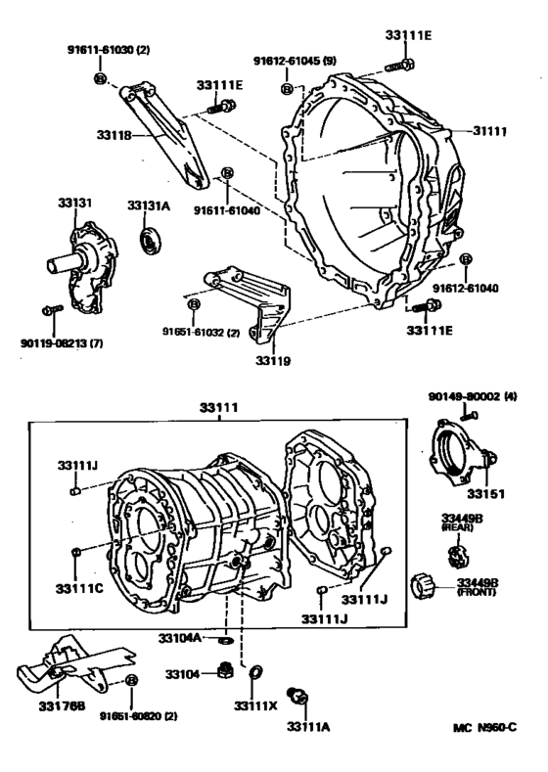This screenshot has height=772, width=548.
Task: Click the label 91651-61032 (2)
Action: pyautogui.click(x=202, y=333)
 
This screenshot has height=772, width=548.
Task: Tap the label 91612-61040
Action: pyautogui.click(x=466, y=289)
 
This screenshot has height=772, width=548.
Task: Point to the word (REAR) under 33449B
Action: pyautogui.click(x=459, y=526)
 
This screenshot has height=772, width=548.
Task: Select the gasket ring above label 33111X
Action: pyautogui.click(x=256, y=672)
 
